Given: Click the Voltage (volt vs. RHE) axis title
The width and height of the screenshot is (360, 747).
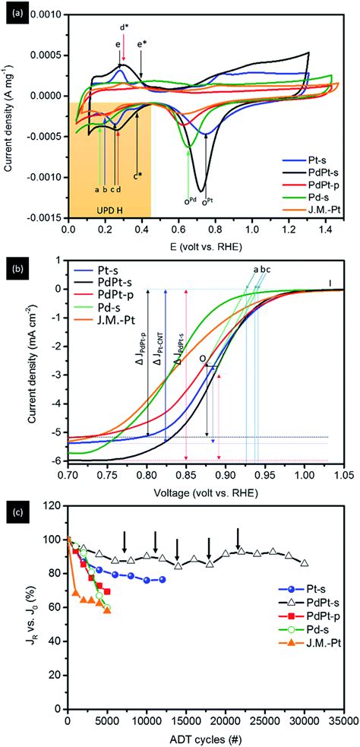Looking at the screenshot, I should (202, 490).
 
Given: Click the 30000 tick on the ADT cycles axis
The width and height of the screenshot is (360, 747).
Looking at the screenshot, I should (305, 720).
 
